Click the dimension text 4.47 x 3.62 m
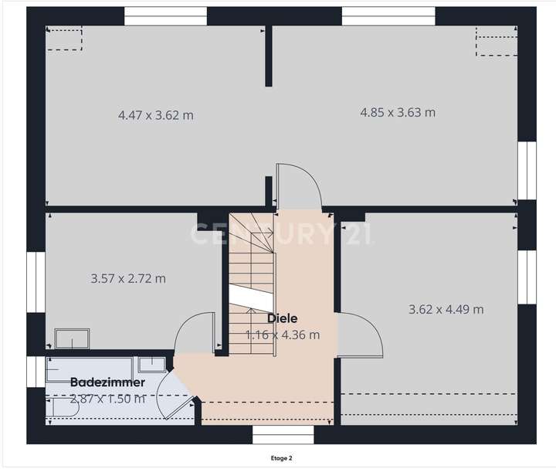(x=155, y=115)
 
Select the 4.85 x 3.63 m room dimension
(x=398, y=112)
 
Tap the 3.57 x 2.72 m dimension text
(x=128, y=278)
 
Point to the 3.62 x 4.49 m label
(x=446, y=309)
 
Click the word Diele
(x=283, y=318)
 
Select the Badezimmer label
(x=107, y=382)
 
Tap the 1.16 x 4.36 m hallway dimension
(x=283, y=335)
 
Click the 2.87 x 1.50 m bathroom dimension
(x=107, y=399)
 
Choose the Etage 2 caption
(x=281, y=458)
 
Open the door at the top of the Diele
(x=297, y=186)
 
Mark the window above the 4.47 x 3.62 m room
(x=165, y=15)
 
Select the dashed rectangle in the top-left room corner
(x=65, y=39)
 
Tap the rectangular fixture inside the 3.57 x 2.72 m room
(x=72, y=338)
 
